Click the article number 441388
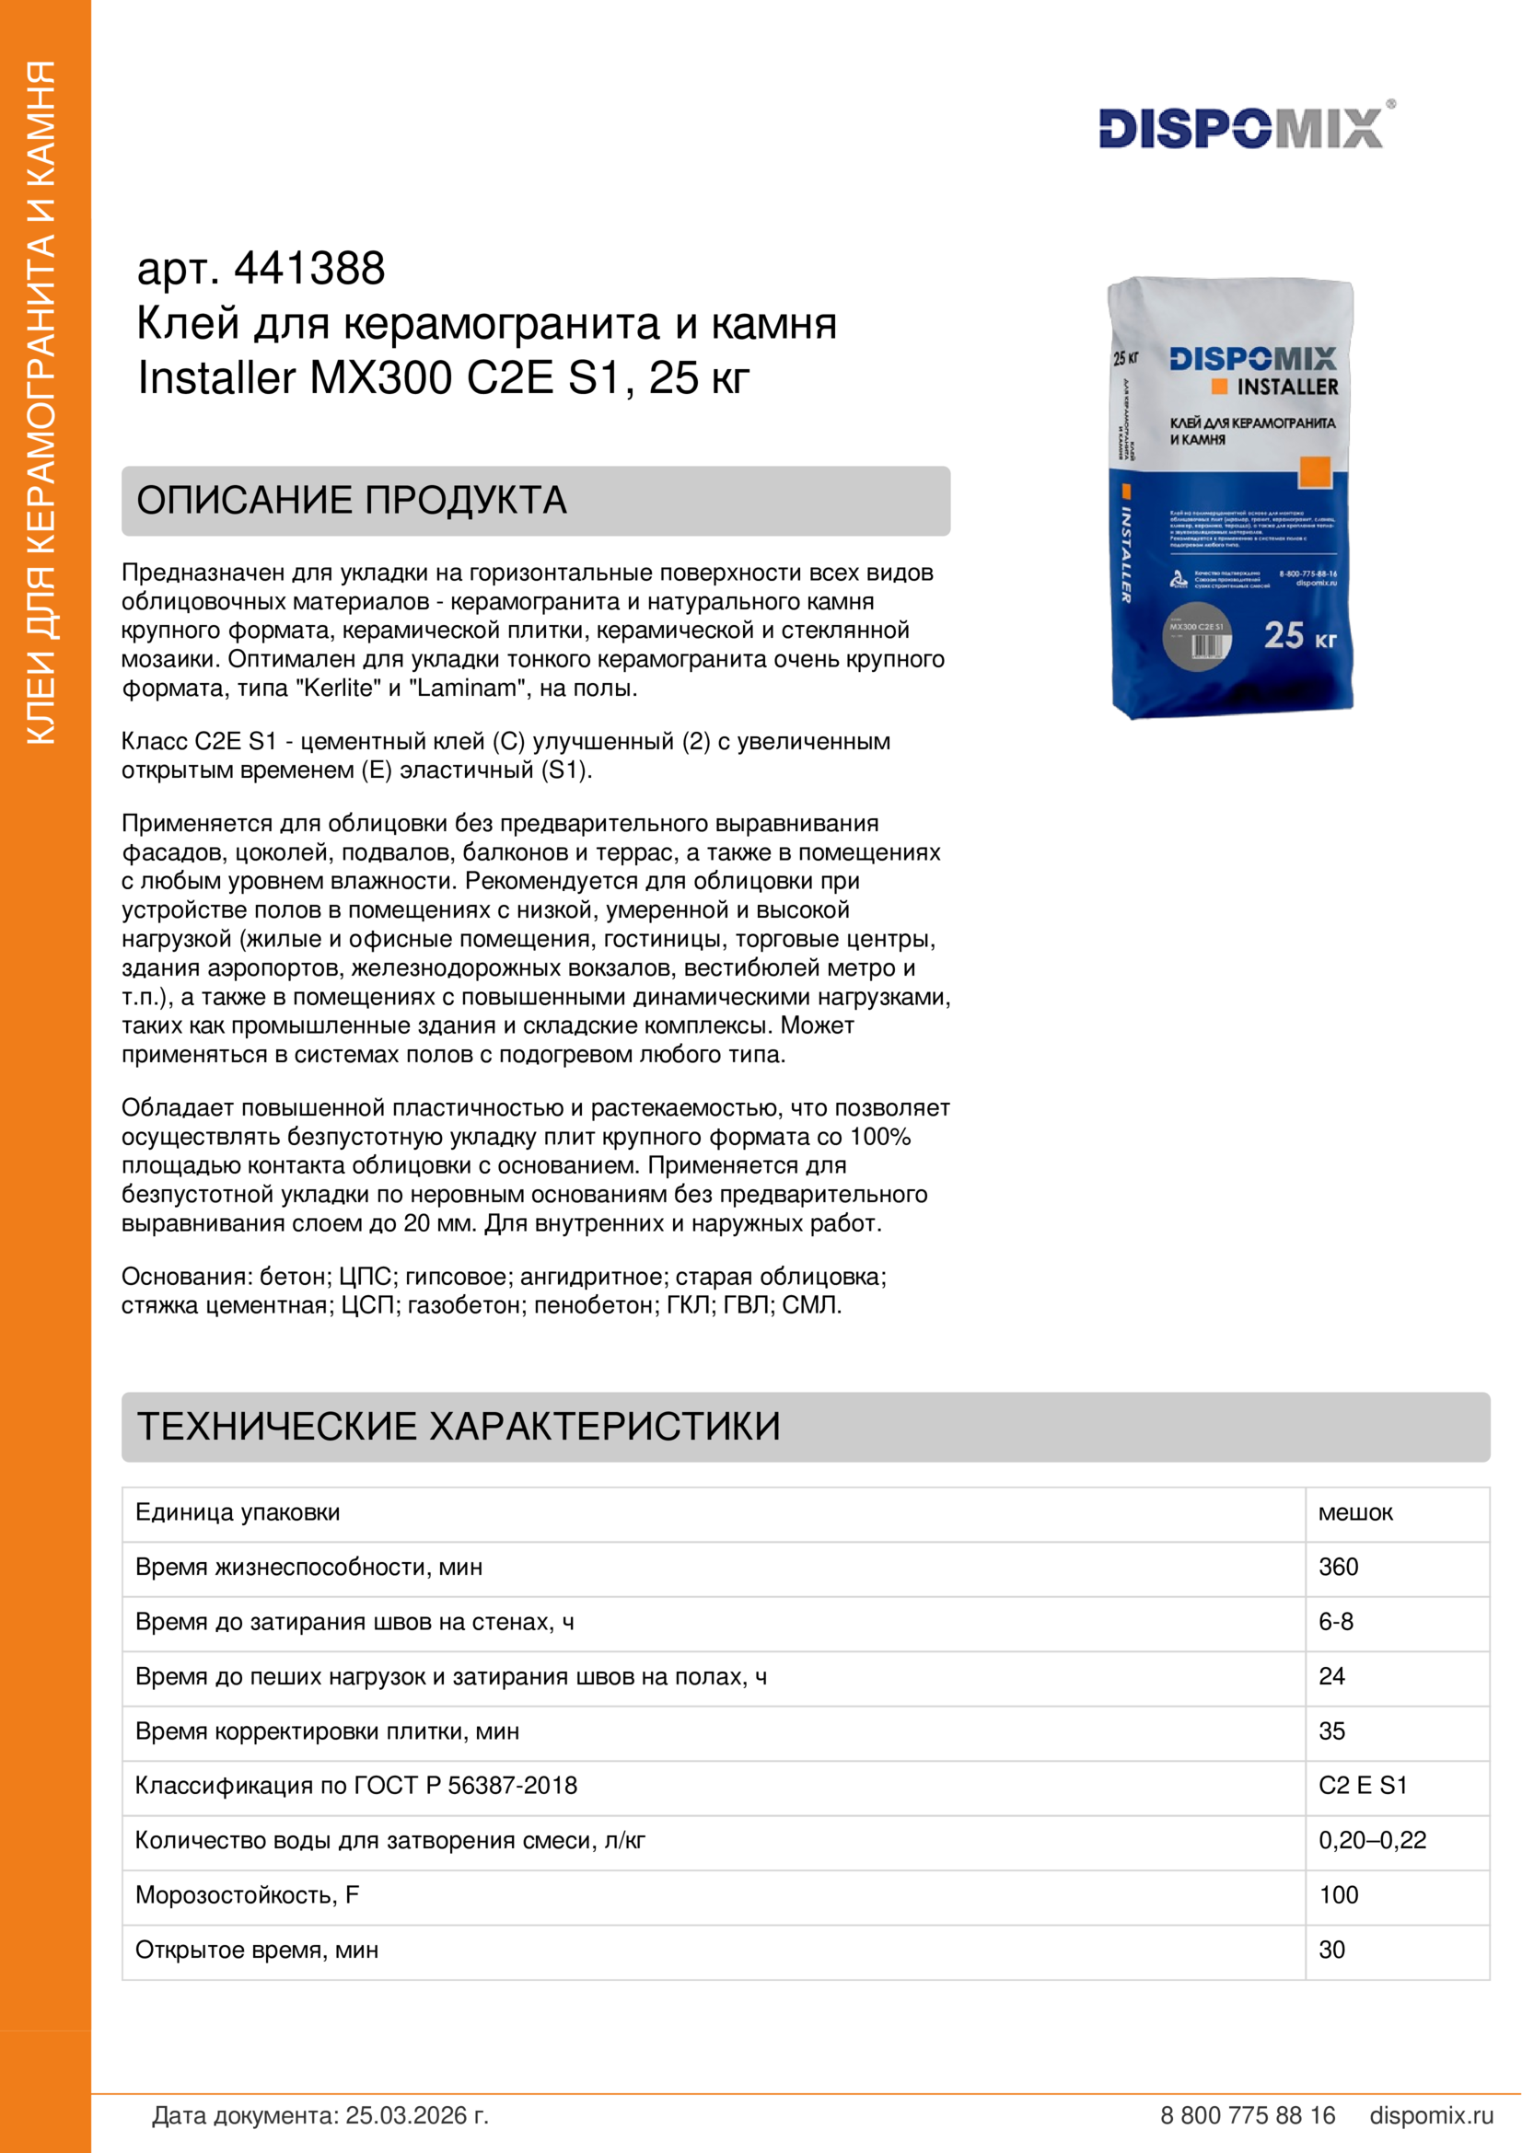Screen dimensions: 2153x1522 click(x=308, y=269)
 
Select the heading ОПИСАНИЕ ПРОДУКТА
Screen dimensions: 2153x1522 click(x=352, y=501)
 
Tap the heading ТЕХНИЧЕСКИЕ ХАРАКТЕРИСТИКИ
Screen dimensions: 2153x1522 click(x=459, y=1426)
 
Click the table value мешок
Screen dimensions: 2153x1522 click(x=1355, y=1512)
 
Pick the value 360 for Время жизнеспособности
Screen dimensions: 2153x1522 click(x=1338, y=1567)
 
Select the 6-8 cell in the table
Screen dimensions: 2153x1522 click(x=1335, y=1621)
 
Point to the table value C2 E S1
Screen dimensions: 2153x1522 click(x=1363, y=1786)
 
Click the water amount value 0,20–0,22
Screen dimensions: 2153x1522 click(x=1372, y=1840)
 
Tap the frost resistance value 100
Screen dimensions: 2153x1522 click(x=1338, y=1895)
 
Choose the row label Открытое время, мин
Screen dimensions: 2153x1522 click(x=257, y=1950)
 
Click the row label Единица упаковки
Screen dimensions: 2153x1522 click(x=238, y=1512)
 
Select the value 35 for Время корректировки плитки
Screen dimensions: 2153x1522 click(x=1331, y=1731)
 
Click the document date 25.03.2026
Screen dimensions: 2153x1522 click(x=416, y=2115)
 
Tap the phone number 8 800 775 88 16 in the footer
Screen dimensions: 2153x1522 click(x=1248, y=2115)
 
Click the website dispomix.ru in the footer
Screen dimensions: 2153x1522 click(x=1431, y=2115)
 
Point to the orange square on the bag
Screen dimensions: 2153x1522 click(x=1315, y=471)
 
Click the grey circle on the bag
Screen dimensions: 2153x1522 click(x=1197, y=638)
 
